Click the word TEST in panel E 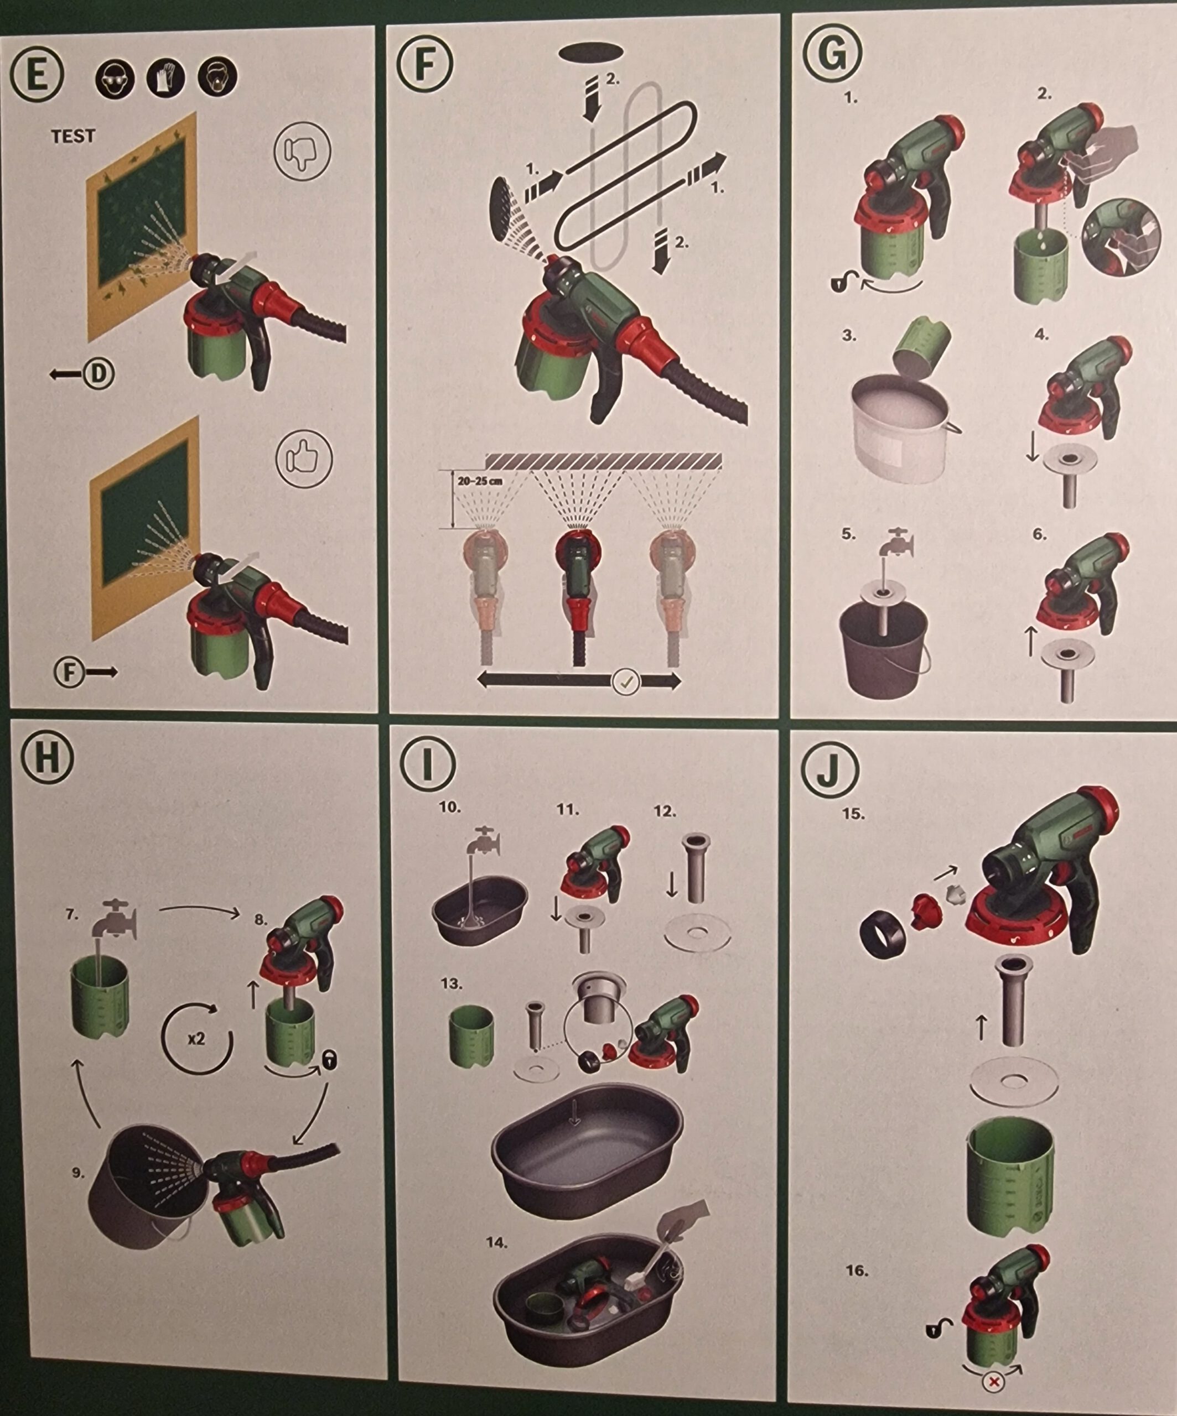tap(74, 136)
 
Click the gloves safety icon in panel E tap(165, 77)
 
